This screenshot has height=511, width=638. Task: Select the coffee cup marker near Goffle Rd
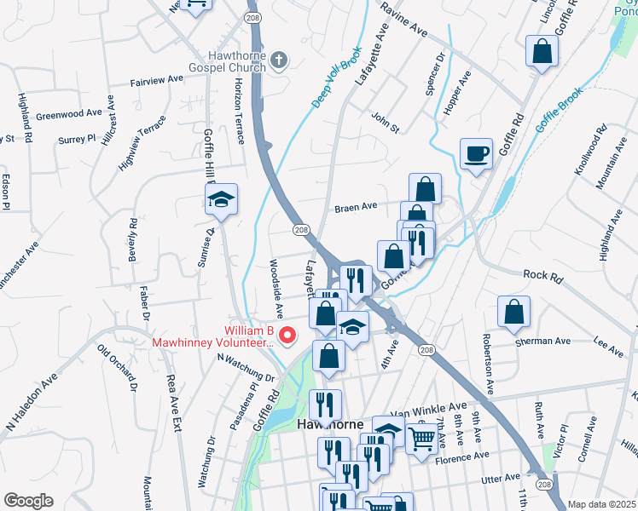click(476, 154)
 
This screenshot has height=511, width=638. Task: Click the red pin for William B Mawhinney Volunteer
click(287, 336)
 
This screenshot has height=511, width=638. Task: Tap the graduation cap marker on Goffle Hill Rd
click(221, 200)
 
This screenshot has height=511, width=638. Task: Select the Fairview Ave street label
click(157, 79)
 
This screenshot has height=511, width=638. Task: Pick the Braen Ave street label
click(356, 207)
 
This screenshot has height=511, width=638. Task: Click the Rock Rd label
click(545, 275)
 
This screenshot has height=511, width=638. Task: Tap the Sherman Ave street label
click(543, 342)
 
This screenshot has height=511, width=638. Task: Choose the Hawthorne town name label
click(330, 424)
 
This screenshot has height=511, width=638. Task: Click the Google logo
click(28, 501)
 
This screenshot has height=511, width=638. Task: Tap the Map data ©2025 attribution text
click(601, 504)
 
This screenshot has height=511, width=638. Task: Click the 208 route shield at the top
click(252, 17)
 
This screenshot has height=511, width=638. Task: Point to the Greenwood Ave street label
click(70, 113)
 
